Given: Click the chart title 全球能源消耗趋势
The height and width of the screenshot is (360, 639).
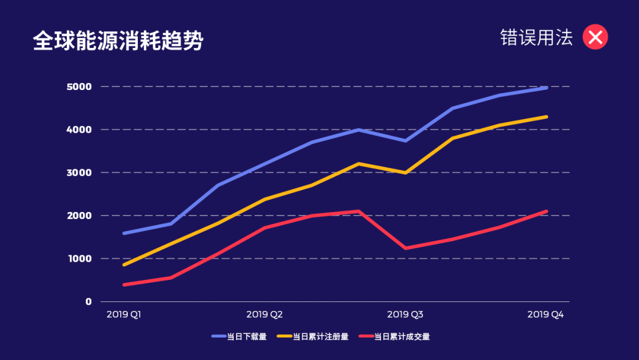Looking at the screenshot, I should pos(118,41).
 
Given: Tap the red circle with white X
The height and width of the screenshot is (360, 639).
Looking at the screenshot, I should pos(595,37).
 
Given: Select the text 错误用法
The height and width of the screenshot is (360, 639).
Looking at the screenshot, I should pos(537,37).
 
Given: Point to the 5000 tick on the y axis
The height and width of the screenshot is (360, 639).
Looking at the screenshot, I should pos(79,86).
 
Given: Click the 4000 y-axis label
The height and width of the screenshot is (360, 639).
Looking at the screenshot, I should pos(79,130).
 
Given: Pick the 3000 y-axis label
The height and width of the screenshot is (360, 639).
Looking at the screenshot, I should pos(79,173).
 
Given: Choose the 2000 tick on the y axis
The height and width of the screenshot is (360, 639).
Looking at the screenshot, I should pos(79,216).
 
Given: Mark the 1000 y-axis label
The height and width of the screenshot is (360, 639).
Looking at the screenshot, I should pos(79,259).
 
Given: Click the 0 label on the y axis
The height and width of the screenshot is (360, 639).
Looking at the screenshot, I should pos(88,301).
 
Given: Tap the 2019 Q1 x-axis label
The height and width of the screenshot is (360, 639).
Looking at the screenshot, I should pos(124,314).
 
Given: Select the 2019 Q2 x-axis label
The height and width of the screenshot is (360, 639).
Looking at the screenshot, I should pos(264,314).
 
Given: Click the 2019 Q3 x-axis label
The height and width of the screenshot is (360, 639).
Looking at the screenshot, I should pos(405,314).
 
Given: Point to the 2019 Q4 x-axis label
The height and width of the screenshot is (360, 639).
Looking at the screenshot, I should pos(545,314).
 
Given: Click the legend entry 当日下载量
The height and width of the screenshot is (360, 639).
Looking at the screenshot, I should pos(239,337).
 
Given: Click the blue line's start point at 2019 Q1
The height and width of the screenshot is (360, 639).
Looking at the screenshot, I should pos(124,233).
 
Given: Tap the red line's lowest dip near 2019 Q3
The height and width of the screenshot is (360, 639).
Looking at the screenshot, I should pos(405,248).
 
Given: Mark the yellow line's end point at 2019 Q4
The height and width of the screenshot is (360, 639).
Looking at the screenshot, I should pos(546,117).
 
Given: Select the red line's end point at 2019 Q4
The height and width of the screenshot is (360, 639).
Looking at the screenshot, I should pos(546,211).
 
